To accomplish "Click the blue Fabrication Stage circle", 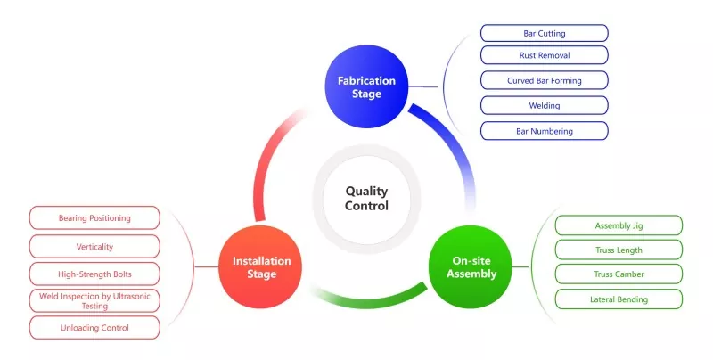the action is pos(366,86).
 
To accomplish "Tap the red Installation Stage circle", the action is pos(260,266).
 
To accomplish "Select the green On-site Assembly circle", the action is pos(471,266).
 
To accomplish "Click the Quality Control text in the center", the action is pos(366,198).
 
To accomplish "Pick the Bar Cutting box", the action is pos(545,33).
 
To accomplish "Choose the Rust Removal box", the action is pos(545,55).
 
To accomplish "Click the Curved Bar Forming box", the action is pos(545,80).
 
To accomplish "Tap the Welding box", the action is pos(545,105).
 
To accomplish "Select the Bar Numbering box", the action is pos(545,131).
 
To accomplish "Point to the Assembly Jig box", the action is pos(619,225).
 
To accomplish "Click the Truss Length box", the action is pos(619,250).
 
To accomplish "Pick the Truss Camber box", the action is pos(619,274).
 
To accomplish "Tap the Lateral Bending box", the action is pos(619,299).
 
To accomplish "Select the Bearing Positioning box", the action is pos(94,217).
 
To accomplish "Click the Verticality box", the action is pos(94,246).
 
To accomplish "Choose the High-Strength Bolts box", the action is pos(94,274).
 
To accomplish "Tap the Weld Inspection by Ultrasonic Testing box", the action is pos(94,301).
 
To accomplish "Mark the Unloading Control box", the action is pos(94,328).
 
